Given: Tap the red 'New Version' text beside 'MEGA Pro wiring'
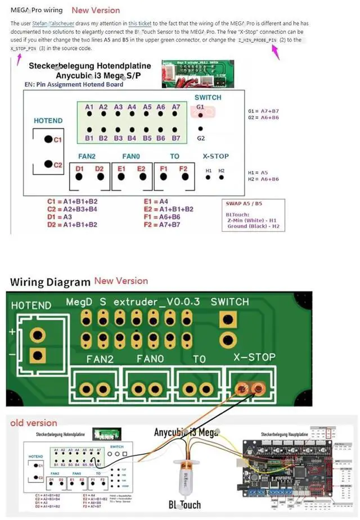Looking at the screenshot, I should (x=96, y=10).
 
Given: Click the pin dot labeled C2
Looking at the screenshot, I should (x=49, y=165).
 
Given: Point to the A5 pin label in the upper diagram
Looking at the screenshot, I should (x=147, y=107).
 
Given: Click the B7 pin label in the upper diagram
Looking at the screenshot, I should (x=176, y=138).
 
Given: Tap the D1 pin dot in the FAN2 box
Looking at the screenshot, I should (x=79, y=177).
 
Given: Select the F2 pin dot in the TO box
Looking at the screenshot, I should (x=183, y=177).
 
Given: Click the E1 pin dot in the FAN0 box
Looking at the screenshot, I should (x=121, y=177).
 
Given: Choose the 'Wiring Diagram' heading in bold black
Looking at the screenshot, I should (x=50, y=282).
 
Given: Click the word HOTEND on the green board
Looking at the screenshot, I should (x=31, y=305).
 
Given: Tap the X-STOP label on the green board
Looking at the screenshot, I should (x=255, y=357).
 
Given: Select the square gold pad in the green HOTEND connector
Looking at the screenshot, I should (x=38, y=355).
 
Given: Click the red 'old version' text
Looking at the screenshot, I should (x=34, y=423).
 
